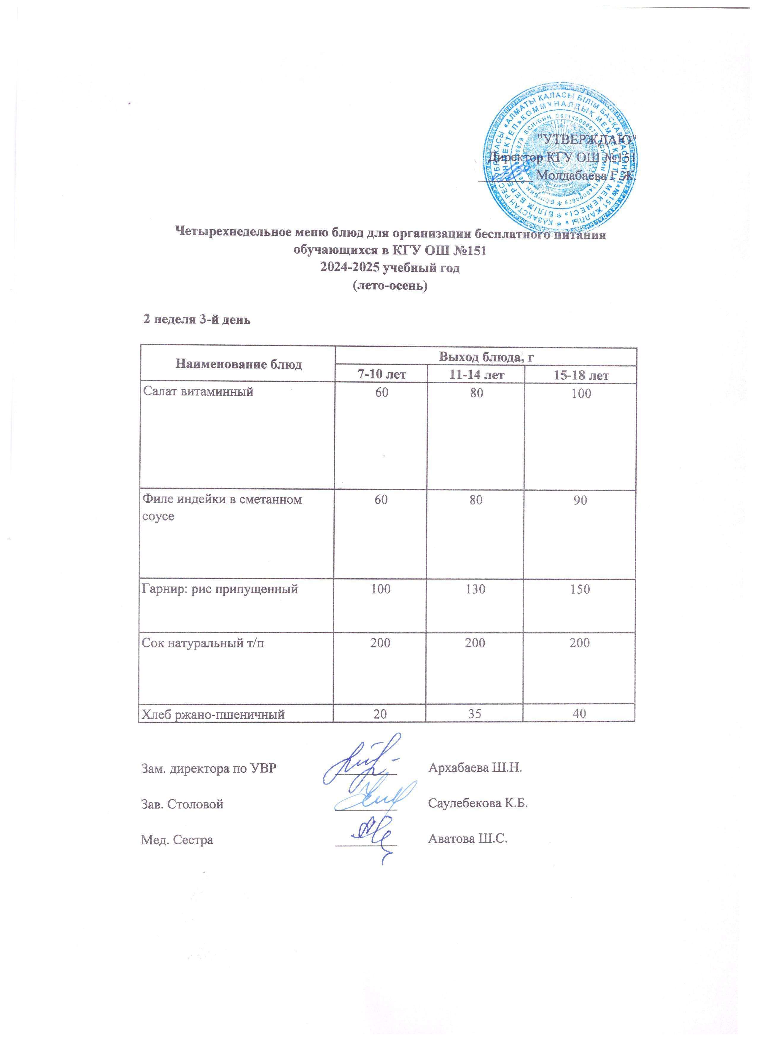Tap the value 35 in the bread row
pos(475,714)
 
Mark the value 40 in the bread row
pos(579,714)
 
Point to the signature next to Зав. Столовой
pos(372,798)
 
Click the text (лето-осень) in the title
pos(390,286)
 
